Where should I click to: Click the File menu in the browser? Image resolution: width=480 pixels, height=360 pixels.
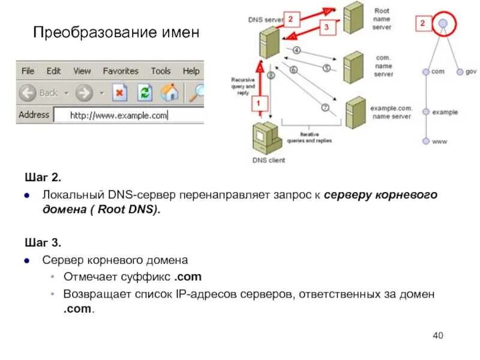click(28, 71)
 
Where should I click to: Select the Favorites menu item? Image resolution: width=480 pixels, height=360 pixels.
click(121, 71)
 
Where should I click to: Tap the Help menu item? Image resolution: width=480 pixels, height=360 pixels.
click(191, 71)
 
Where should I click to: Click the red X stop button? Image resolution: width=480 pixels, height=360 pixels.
click(120, 93)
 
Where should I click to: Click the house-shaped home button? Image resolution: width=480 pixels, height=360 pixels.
click(170, 92)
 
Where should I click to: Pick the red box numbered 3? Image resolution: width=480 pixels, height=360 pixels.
click(326, 27)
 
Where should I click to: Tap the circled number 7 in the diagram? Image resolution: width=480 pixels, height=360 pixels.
click(325, 108)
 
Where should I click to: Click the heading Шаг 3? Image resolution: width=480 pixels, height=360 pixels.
click(43, 243)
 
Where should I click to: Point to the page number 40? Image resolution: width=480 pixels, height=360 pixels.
click(437, 335)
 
